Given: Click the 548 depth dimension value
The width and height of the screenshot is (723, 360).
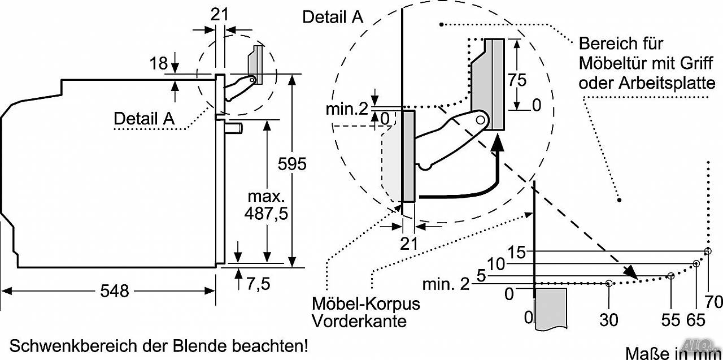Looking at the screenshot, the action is (115, 291).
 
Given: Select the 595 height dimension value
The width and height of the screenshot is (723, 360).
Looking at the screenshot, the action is (292, 164).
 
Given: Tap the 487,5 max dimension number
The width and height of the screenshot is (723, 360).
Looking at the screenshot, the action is (266, 214).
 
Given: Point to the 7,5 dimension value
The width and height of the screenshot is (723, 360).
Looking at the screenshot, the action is (258, 284).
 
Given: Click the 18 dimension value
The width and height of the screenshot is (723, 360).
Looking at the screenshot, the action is (159, 63).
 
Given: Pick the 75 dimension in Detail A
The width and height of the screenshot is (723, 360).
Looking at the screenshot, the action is (517, 80).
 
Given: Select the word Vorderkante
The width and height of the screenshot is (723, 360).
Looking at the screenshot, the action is (359, 321).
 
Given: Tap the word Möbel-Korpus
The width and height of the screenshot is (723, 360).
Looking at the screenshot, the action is (366, 303).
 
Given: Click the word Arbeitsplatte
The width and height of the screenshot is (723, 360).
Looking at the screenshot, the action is (667, 83).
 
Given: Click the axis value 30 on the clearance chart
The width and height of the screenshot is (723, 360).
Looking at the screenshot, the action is (609, 320).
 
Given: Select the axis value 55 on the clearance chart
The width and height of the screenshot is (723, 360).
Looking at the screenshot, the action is (670, 320).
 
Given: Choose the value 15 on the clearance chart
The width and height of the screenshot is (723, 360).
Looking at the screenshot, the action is (517, 252).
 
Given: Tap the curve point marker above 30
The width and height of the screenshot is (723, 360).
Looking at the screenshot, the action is (609, 284).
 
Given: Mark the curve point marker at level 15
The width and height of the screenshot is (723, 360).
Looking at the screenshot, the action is (708, 251).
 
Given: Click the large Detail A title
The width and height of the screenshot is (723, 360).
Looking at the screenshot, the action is (333, 17).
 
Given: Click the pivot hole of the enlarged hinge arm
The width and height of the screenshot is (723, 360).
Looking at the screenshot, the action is (480, 120).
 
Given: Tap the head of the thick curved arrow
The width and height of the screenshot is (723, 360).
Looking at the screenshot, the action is (498, 143).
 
